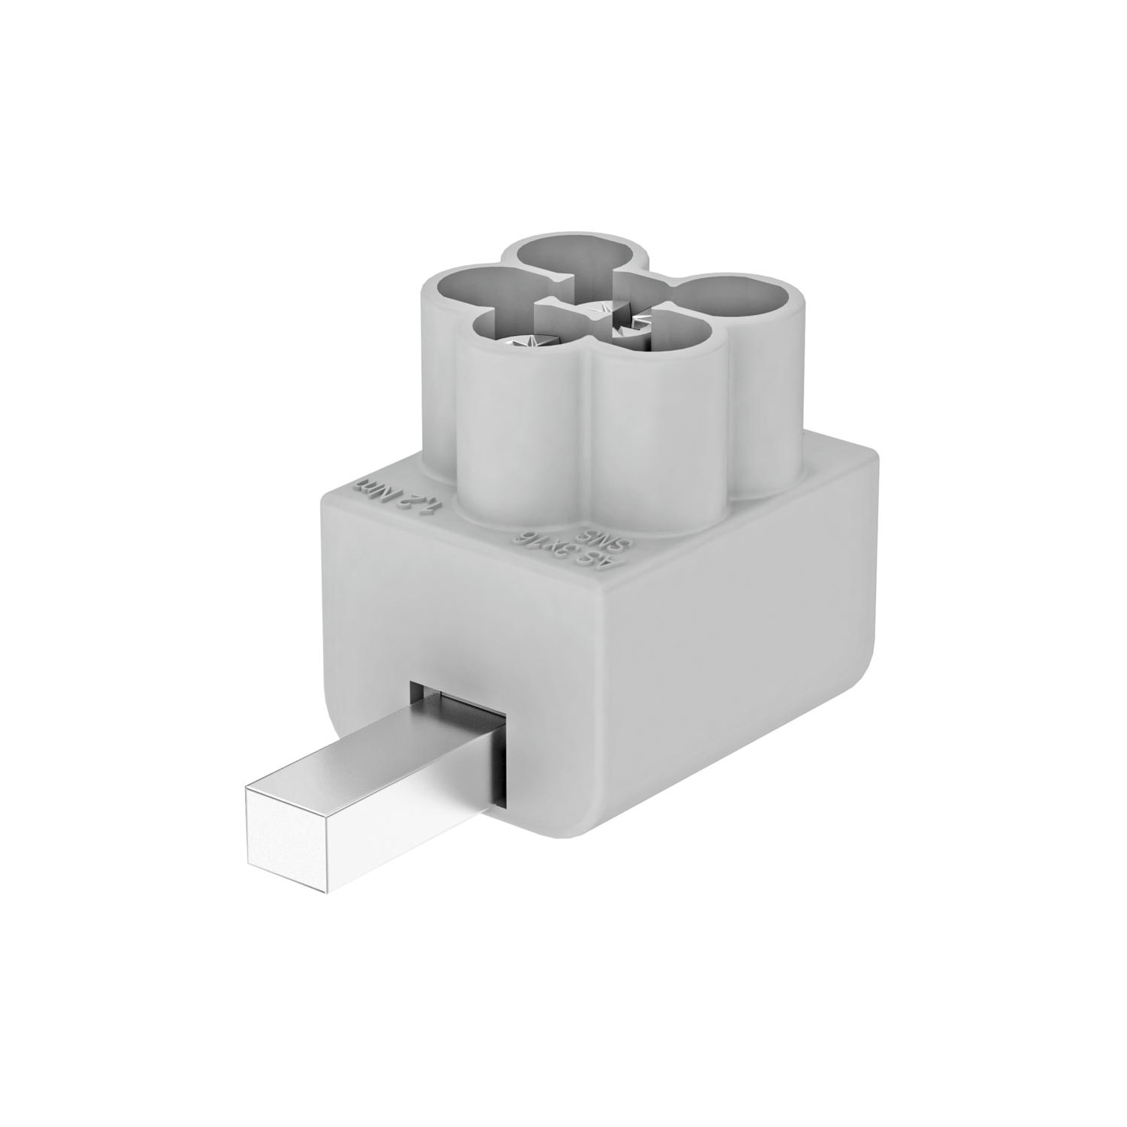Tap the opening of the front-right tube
pos(661,338)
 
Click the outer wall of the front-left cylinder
pos(518,443)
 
